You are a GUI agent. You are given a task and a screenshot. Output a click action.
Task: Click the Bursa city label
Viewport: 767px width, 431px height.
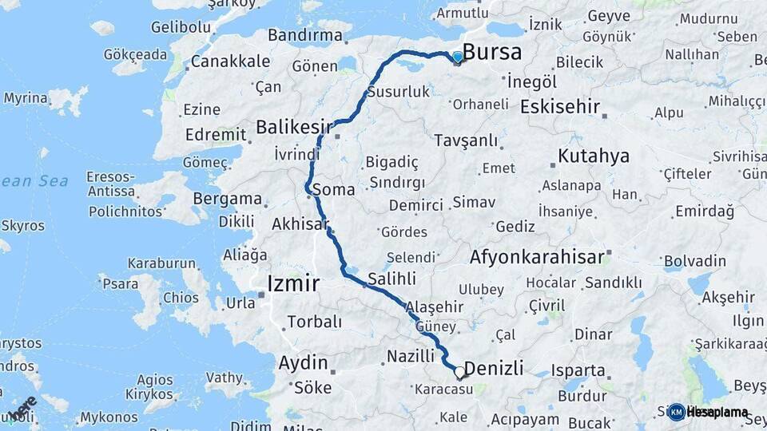click(492, 53)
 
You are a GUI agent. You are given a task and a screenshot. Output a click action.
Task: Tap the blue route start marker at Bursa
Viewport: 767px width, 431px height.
click(457, 57)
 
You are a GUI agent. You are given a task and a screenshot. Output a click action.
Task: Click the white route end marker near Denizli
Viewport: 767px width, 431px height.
click(459, 372)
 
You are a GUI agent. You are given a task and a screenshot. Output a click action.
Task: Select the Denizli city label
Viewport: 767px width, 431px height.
click(494, 369)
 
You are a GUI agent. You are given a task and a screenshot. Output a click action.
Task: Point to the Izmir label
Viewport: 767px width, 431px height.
click(293, 283)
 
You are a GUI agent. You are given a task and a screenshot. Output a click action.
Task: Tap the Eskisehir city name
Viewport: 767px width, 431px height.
click(559, 106)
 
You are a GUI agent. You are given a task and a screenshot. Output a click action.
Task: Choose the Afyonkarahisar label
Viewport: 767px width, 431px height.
click(536, 257)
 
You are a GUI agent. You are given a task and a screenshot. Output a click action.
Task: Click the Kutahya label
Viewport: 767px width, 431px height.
click(594, 156)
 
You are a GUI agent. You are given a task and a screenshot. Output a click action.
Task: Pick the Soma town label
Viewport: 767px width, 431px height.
click(334, 190)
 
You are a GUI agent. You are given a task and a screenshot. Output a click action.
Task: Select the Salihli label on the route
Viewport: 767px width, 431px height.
click(391, 279)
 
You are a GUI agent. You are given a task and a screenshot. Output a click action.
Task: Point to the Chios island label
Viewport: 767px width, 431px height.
click(181, 298)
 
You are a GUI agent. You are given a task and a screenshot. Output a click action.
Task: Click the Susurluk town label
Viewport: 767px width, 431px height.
click(398, 93)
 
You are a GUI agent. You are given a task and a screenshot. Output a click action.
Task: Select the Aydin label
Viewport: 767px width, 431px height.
click(303, 362)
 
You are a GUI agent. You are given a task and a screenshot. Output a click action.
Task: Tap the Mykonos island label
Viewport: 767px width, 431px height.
click(109, 417)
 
